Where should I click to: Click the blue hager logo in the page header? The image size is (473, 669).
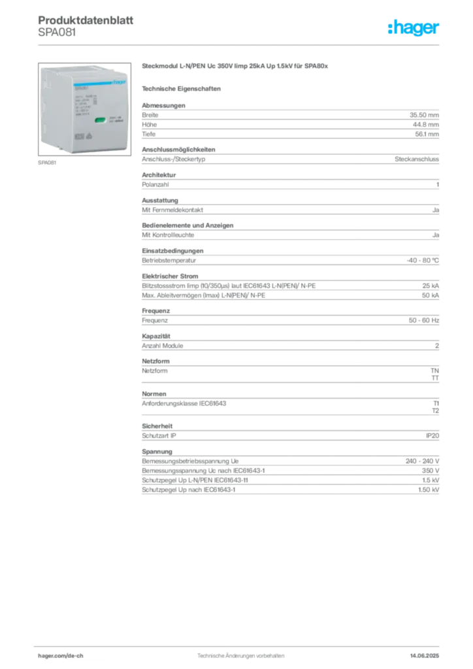pyautogui.click(x=414, y=28)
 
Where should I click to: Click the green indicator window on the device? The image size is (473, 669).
pyautogui.click(x=101, y=120)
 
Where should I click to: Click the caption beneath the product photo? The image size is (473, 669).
pyautogui.click(x=46, y=163)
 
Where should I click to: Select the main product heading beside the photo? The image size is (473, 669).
pyautogui.click(x=234, y=67)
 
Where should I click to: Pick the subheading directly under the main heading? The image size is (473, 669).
pyautogui.click(x=183, y=88)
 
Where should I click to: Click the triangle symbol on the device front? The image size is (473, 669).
pyautogui.click(x=88, y=137)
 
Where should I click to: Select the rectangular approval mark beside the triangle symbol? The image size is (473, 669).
pyautogui.click(x=79, y=137)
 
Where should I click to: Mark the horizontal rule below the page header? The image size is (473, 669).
pyautogui.click(x=240, y=43)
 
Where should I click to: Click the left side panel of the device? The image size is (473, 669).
pyautogui.click(x=46, y=108)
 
